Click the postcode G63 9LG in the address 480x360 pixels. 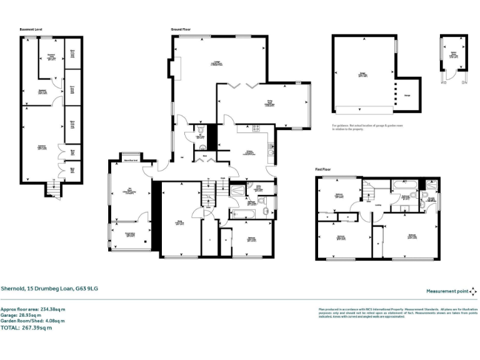[87, 288]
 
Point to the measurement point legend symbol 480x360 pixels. [474, 291]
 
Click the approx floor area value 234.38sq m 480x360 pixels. [53, 309]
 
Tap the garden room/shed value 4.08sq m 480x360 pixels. [64, 321]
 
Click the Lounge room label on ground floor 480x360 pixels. [216, 63]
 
